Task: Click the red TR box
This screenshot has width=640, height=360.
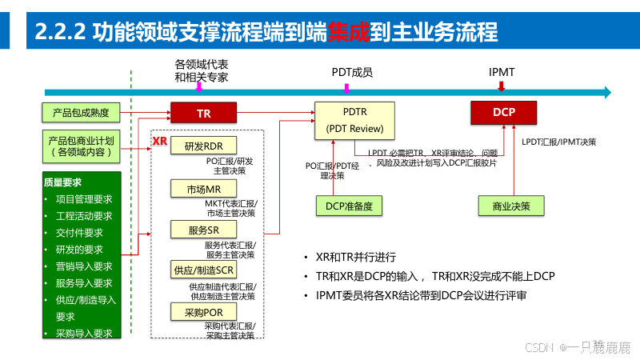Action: pos(203,114)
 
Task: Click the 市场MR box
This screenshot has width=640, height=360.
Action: pos(198,189)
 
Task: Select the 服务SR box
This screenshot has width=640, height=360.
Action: pos(198,230)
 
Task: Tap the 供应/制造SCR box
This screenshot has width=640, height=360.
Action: pos(202,270)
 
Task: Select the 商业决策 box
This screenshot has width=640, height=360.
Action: pos(510,206)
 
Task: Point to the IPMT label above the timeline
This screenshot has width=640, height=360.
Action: pos(502,72)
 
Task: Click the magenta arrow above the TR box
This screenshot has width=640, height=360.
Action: pos(198,87)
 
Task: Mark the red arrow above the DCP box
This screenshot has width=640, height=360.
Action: pos(502,86)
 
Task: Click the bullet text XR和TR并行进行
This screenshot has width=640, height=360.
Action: pos(356,258)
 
